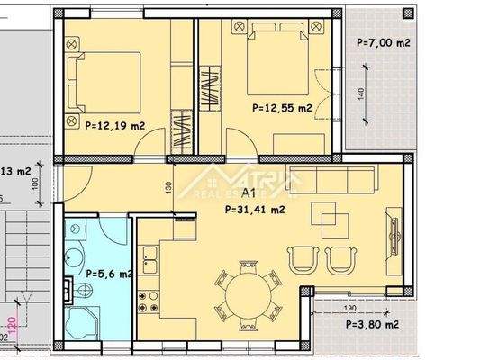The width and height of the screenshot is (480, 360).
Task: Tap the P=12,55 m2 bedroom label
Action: tap(283, 108)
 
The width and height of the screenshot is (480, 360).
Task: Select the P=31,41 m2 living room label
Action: tap(254, 209)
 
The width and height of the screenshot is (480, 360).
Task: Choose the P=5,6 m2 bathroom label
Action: tap(108, 274)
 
